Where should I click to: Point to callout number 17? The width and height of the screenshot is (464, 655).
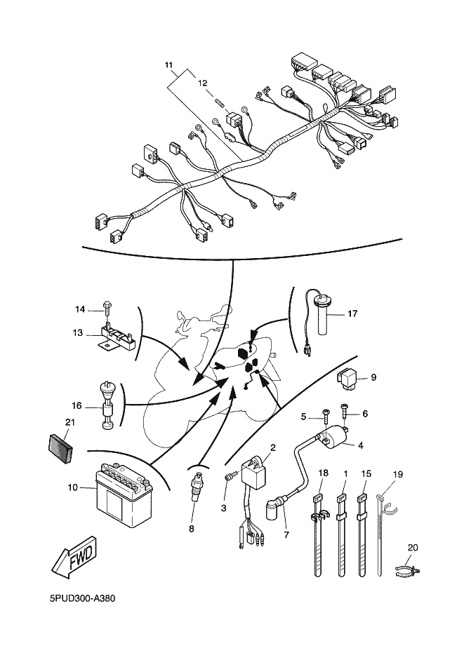(x=352, y=313)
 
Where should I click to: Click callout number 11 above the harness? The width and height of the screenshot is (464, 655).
(x=168, y=65)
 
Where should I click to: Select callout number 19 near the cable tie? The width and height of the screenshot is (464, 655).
(x=398, y=474)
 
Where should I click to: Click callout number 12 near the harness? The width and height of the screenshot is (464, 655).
(x=202, y=82)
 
